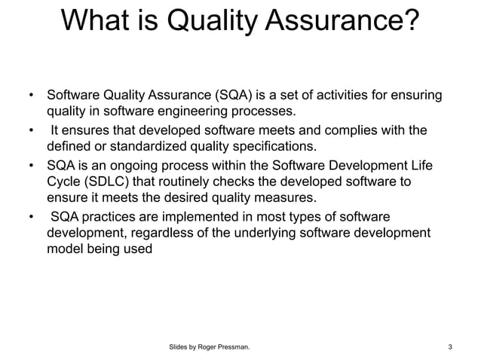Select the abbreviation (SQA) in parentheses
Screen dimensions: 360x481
237,96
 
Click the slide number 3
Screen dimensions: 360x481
450,346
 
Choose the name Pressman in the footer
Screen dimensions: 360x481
229,346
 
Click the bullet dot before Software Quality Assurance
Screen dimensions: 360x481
31,96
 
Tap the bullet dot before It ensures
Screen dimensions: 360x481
31,130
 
